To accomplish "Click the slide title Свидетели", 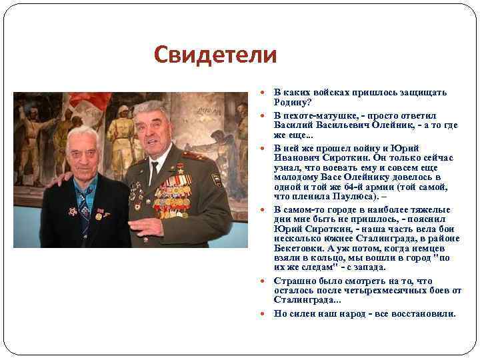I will tap(215, 55).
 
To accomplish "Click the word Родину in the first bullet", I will tap(288, 102).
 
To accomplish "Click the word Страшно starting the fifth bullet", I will tap(293, 281).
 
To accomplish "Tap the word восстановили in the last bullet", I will tap(427, 313).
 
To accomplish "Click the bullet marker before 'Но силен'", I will tap(267, 313).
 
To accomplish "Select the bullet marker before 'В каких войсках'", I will tap(267, 93).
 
